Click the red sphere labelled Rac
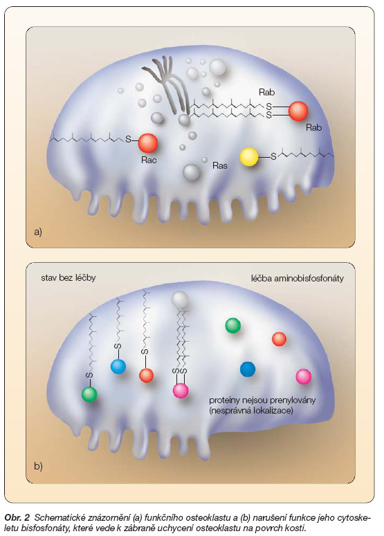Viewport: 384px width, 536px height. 147,143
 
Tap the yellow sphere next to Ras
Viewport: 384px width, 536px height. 249,157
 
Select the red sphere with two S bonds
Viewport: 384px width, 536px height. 298,111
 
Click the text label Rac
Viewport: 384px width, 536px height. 149,160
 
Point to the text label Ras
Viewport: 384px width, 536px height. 219,165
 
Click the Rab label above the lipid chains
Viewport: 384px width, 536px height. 266,92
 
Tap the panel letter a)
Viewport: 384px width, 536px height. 38,232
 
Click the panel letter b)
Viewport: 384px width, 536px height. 38,466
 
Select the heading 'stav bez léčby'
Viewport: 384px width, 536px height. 68,277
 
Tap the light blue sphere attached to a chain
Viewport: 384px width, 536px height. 118,367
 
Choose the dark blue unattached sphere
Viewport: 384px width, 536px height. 248,369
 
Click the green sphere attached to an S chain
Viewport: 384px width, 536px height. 89,394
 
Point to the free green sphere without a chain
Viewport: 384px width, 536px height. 233,326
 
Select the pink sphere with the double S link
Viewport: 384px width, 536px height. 181,390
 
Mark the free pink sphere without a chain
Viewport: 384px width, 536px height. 303,377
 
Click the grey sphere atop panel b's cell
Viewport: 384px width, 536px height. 180,299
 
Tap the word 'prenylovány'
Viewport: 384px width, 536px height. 293,400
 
